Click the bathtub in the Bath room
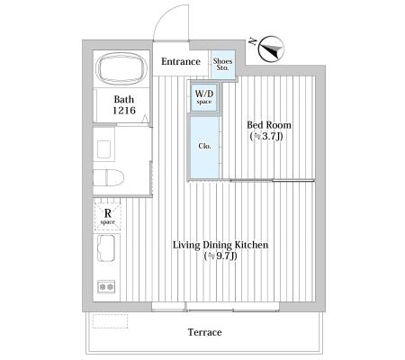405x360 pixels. (121, 69)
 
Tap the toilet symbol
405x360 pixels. (108, 177)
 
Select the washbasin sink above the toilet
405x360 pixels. (104, 149)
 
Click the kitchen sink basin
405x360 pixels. (106, 248)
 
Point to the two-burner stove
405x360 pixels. (106, 287)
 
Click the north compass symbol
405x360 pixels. (271, 49)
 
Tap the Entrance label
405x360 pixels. (181, 61)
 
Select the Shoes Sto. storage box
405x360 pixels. (222, 65)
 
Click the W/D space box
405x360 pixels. (204, 97)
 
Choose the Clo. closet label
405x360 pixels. (204, 146)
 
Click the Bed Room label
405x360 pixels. (269, 125)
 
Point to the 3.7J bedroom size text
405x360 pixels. (266, 137)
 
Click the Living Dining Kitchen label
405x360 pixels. (220, 245)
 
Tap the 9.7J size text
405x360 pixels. (220, 256)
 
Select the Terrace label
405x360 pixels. (205, 332)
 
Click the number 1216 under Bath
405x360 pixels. (124, 111)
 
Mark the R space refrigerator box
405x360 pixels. (108, 217)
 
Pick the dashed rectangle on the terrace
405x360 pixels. (110, 321)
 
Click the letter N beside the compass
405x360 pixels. (254, 41)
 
